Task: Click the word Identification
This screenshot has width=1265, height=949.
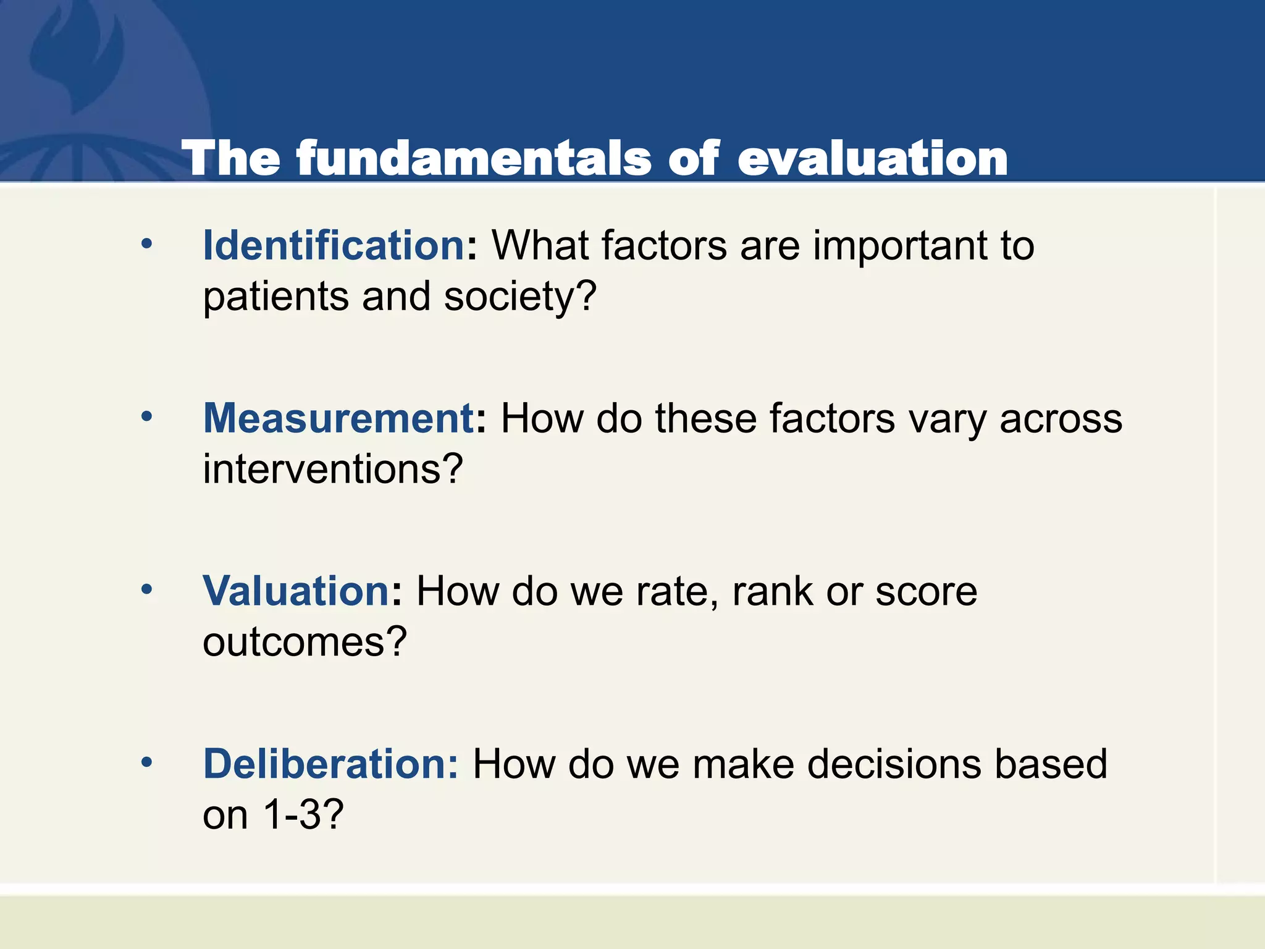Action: (334, 246)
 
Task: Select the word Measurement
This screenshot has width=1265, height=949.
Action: (338, 419)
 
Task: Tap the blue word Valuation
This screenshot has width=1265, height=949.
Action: (295, 591)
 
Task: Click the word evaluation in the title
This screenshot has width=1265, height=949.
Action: (872, 159)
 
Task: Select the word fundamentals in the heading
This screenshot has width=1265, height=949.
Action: (474, 159)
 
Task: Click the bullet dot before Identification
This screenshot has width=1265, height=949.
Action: (146, 244)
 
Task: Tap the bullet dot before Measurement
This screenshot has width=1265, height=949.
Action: (146, 417)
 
